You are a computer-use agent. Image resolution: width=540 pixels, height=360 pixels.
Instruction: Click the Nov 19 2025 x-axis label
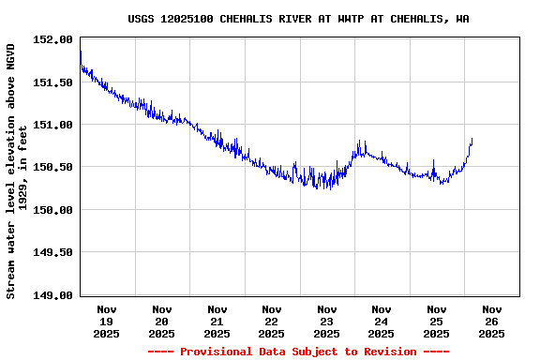[x=107, y=321]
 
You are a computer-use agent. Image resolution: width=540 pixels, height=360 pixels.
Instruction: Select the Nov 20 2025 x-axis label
[x=162, y=321]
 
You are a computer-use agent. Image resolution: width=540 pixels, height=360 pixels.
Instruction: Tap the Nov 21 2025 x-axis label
[x=217, y=321]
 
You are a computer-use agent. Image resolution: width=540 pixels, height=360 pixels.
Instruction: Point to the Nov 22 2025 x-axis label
[x=272, y=321]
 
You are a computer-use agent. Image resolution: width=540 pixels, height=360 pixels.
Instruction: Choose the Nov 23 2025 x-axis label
[x=326, y=321]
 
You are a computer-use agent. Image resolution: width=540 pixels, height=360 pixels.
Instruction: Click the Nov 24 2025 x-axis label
[x=382, y=321]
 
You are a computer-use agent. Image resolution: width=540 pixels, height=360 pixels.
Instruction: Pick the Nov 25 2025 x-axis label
[x=436, y=321]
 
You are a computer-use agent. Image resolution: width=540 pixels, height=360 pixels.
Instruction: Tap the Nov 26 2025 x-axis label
[x=491, y=321]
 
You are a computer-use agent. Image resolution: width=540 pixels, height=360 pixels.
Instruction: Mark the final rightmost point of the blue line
[x=472, y=140]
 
